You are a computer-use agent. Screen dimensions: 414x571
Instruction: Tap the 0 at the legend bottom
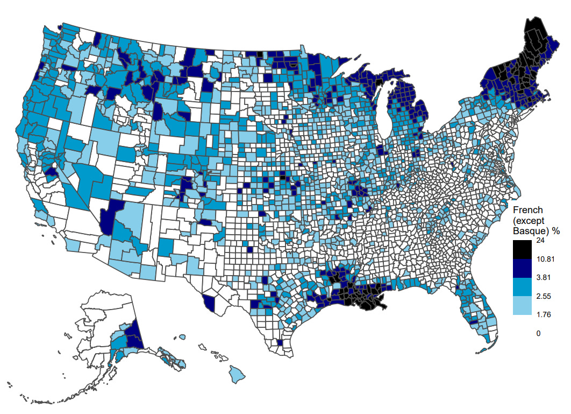tap(538, 333)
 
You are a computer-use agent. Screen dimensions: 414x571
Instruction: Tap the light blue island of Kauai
tap(183, 337)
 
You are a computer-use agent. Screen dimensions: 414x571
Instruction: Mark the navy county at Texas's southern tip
tap(279, 342)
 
